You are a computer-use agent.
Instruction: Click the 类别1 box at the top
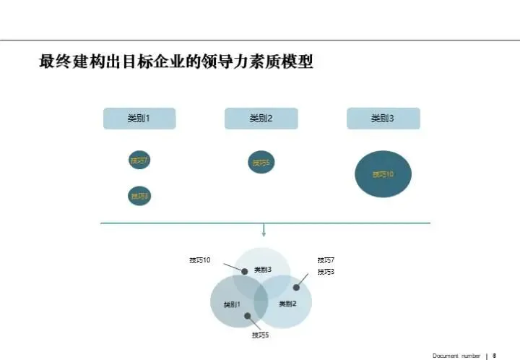pyautogui.click(x=139, y=119)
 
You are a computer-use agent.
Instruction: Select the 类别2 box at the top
pyautogui.click(x=261, y=119)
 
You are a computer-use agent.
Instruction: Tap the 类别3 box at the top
pyautogui.click(x=383, y=119)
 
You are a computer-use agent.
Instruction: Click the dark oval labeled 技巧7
pyautogui.click(x=139, y=160)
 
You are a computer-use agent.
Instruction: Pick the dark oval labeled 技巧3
pyautogui.click(x=139, y=195)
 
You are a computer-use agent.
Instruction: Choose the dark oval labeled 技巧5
pyautogui.click(x=261, y=163)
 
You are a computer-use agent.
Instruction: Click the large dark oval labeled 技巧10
pyautogui.click(x=383, y=174)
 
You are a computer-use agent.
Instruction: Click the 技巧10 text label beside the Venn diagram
pyautogui.click(x=200, y=260)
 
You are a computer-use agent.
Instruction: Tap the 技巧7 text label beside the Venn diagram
pyautogui.click(x=326, y=260)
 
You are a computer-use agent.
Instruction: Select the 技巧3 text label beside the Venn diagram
pyautogui.click(x=326, y=272)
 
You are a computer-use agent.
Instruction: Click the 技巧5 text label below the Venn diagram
pyautogui.click(x=261, y=335)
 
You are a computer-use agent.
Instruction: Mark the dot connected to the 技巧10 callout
pyautogui.click(x=245, y=272)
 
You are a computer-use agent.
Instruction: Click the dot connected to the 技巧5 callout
pyautogui.click(x=248, y=316)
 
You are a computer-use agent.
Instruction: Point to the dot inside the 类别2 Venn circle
pyautogui.click(x=296, y=287)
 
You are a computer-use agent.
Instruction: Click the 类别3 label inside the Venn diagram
pyautogui.click(x=263, y=270)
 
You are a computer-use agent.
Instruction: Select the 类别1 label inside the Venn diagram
pyautogui.click(x=232, y=304)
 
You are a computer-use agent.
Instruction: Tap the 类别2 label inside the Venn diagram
pyautogui.click(x=288, y=304)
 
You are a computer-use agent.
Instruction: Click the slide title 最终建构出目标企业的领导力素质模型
pyautogui.click(x=176, y=62)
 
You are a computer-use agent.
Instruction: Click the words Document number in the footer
pyautogui.click(x=456, y=356)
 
